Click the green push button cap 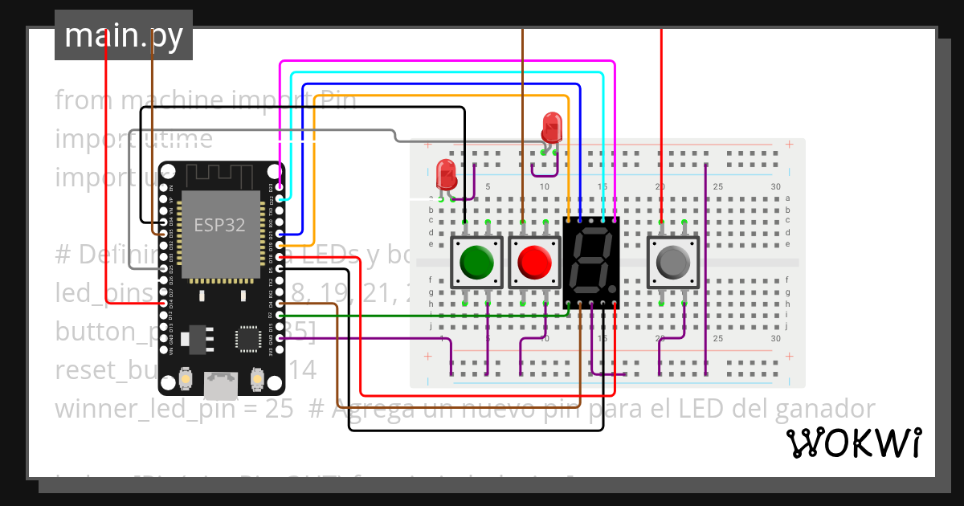(477, 261)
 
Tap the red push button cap (535, 261)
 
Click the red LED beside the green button (445, 173)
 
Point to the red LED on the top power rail (552, 127)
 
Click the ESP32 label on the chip (219, 225)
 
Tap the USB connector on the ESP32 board (221, 386)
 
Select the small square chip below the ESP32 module (248, 339)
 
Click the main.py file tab (124, 35)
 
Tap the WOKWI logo (853, 443)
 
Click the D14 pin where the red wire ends (164, 304)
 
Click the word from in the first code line (84, 100)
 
